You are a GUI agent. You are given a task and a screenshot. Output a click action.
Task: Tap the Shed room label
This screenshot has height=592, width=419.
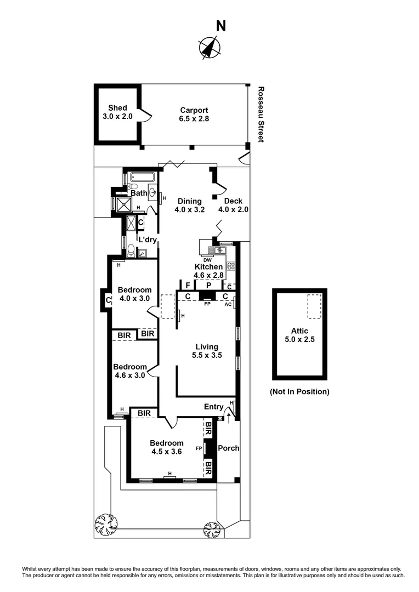pyautogui.click(x=117, y=112)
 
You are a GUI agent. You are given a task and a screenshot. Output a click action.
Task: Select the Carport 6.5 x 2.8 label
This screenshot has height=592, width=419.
pyautogui.click(x=194, y=114)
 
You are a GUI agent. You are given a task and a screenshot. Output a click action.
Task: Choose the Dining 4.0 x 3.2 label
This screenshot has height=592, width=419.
pyautogui.click(x=188, y=205)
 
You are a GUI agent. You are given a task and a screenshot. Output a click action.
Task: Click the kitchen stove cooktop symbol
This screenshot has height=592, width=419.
pyautogui.click(x=231, y=266)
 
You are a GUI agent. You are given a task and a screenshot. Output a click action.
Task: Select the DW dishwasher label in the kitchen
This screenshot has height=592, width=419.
pyautogui.click(x=208, y=260)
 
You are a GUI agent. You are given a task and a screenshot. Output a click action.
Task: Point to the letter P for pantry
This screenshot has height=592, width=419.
pyautogui.click(x=208, y=286)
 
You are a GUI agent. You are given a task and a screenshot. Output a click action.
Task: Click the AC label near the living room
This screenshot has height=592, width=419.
pyautogui.click(x=228, y=304)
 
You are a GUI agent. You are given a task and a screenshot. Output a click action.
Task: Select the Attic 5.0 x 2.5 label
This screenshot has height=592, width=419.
pyautogui.click(x=299, y=335)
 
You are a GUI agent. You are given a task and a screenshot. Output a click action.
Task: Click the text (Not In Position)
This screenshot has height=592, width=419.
pyautogui.click(x=299, y=391)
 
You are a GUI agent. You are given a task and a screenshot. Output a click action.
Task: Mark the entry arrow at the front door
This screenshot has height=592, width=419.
pyautogui.click(x=229, y=419)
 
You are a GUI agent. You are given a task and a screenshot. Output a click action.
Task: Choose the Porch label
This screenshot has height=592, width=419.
pyautogui.click(x=229, y=448)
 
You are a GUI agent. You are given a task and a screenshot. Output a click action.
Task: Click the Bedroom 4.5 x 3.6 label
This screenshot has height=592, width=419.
pyautogui.click(x=167, y=447)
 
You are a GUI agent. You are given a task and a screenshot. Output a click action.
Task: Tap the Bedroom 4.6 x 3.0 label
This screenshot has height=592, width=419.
pyautogui.click(x=130, y=371)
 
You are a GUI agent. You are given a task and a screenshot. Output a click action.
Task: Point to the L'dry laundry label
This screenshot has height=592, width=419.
pyautogui.click(x=148, y=240)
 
